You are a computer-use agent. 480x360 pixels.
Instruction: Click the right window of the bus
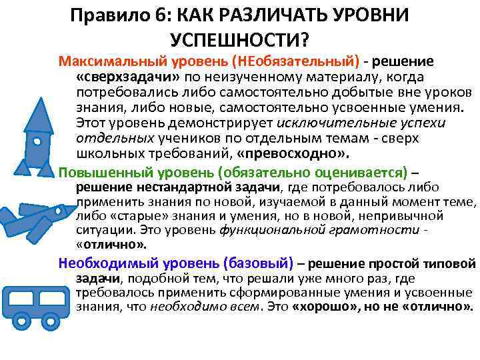tap(47, 296)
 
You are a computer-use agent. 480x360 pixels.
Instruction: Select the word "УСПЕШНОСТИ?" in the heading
tap(240, 40)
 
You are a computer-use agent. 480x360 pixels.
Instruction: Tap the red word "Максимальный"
tap(100, 61)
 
